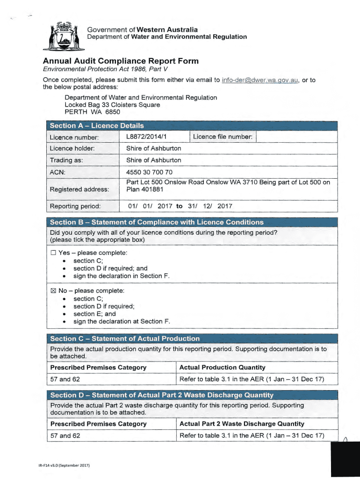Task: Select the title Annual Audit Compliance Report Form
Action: point(121,61)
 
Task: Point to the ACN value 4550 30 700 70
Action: point(149,172)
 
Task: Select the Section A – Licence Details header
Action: point(97,125)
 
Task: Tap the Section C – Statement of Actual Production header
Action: point(124,339)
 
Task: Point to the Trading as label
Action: point(66,160)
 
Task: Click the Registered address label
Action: point(79,189)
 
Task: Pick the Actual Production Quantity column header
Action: point(222,368)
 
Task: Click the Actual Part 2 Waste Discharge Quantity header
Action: point(242,424)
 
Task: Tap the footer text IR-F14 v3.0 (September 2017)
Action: point(64,466)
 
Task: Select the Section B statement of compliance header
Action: point(157,222)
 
